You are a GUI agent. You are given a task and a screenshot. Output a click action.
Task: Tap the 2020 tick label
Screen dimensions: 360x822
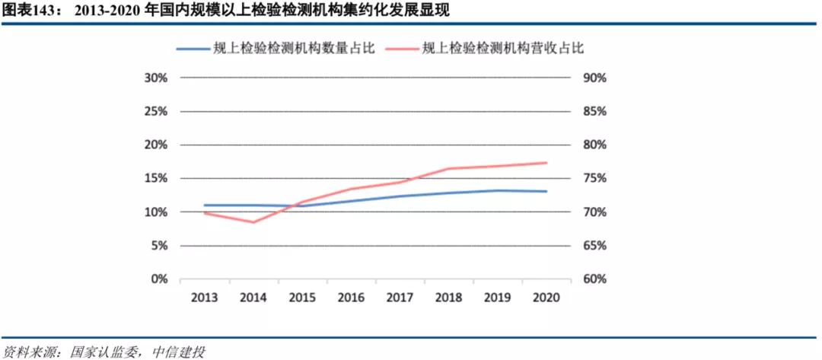pos(546,298)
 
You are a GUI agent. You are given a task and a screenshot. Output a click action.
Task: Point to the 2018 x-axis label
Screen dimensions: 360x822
pos(449,298)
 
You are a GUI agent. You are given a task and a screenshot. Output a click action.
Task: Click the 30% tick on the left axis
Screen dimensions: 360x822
pos(155,78)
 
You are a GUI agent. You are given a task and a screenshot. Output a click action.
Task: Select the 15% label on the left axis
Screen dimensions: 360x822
pos(155,179)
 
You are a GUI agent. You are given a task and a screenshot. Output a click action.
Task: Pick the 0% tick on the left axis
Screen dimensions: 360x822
pos(158,279)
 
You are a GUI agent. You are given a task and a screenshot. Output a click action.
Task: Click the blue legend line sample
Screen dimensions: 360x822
pos(193,49)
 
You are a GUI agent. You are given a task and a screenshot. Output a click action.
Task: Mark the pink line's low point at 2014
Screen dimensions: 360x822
pos(253,222)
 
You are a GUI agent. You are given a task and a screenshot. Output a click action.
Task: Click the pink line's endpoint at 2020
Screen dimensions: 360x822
pos(546,163)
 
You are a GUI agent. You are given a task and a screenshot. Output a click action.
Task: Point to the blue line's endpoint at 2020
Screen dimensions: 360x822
pos(546,191)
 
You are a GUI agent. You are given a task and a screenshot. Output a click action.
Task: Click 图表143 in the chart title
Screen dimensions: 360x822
pos(29,11)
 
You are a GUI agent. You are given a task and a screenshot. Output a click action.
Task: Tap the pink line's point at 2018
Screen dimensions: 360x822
pos(449,168)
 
